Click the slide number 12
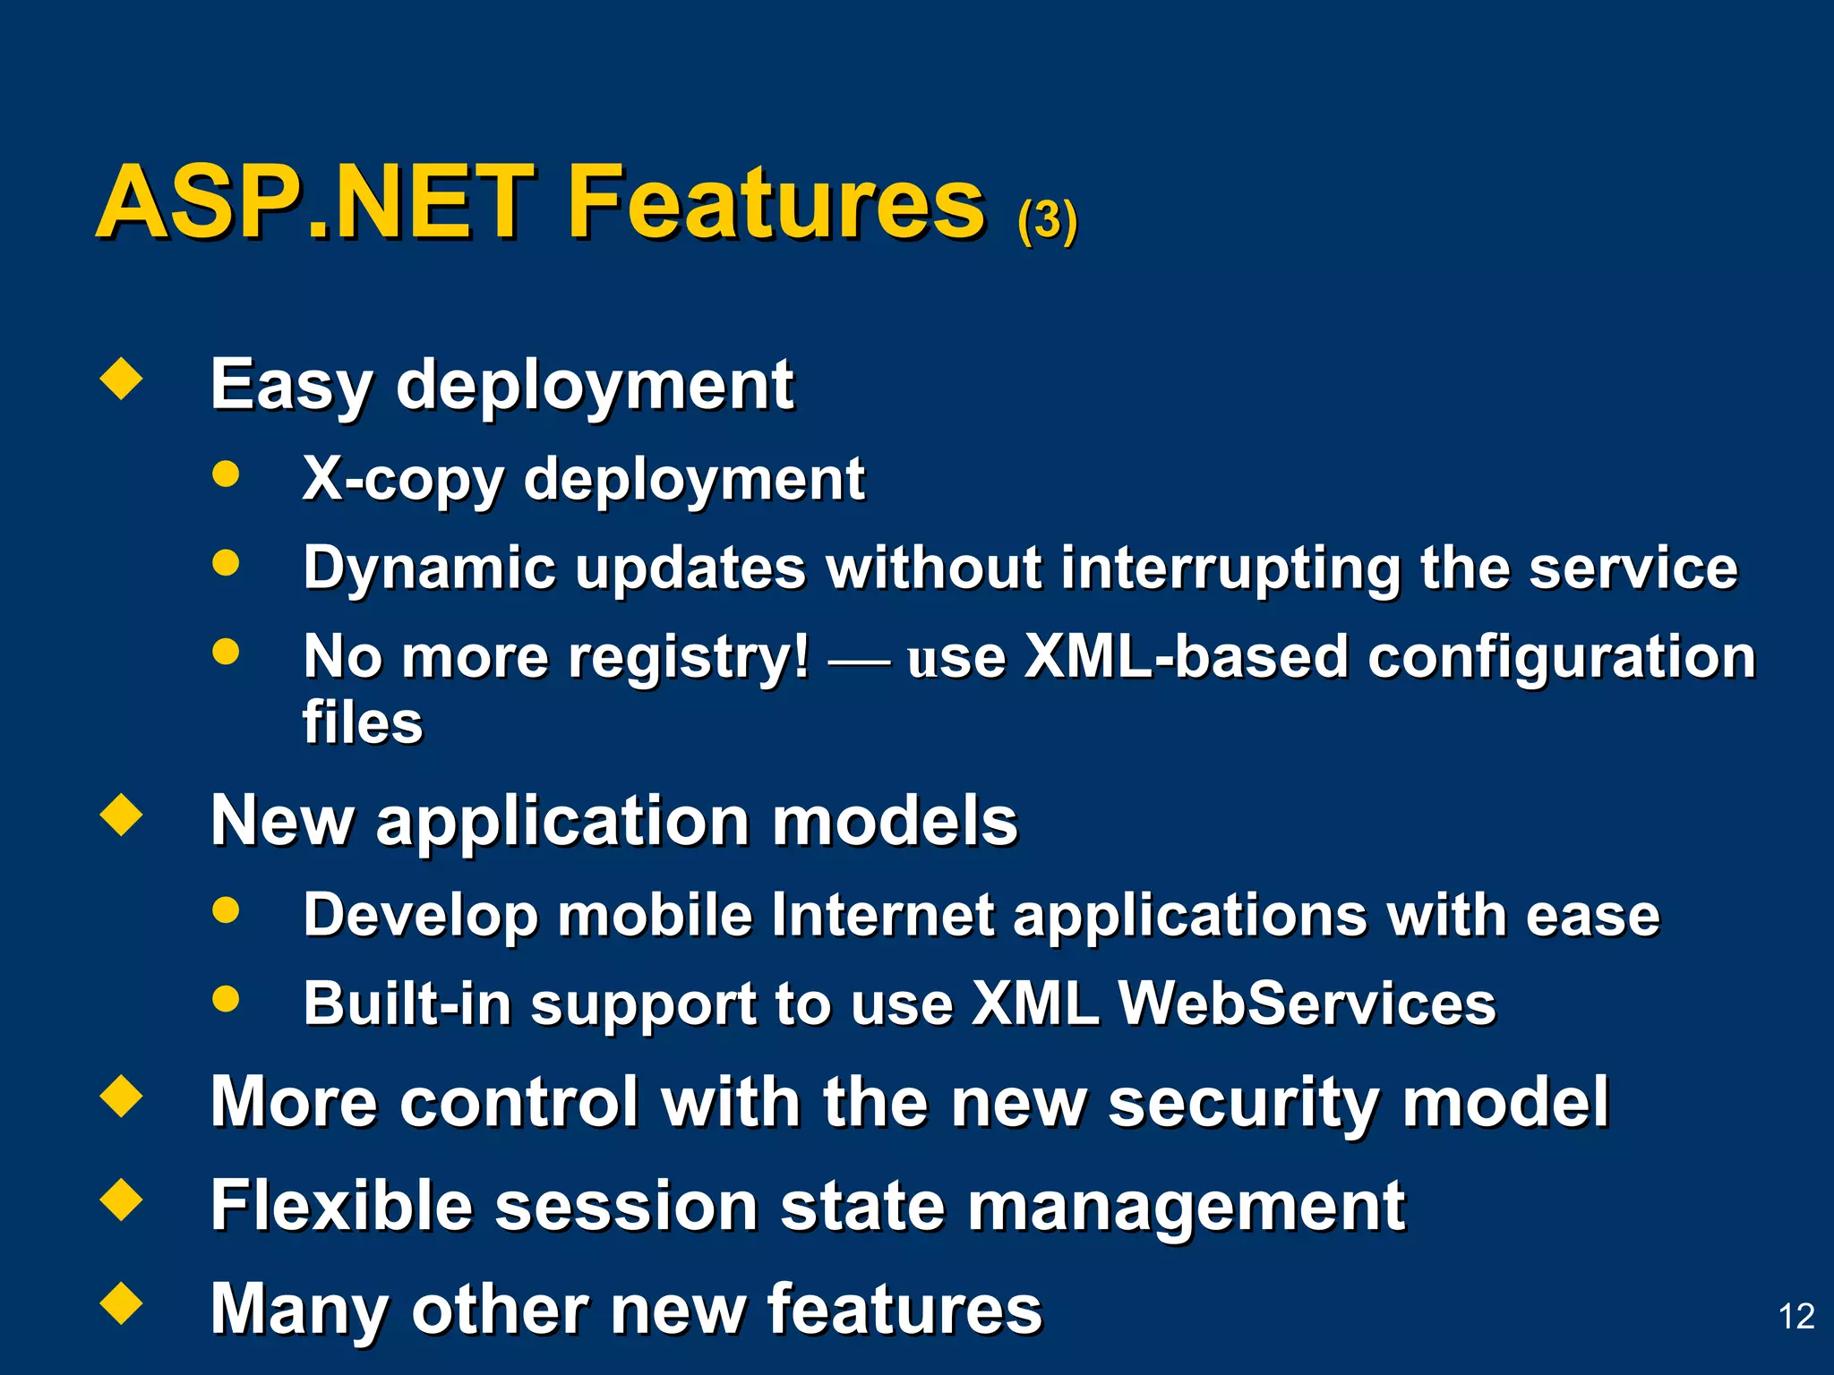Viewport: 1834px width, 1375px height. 1795,1316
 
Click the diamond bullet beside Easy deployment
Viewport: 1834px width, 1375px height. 122,379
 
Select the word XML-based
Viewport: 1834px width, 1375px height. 1186,657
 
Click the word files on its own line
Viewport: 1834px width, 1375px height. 362,722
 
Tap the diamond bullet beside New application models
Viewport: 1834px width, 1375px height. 122,815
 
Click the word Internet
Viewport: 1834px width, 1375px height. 881,915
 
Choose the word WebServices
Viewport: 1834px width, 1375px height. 1307,1003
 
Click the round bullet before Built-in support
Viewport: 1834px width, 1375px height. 227,997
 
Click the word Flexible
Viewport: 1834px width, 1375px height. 341,1206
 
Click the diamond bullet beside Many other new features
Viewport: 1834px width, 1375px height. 122,1302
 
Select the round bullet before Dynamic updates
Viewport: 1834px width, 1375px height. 227,563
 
